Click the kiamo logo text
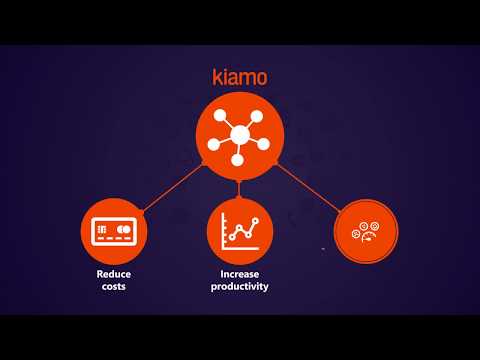point(240,77)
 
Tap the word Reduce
point(114,274)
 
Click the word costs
point(114,286)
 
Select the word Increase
point(240,274)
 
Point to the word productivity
point(240,287)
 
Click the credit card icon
point(114,231)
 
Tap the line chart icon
point(240,232)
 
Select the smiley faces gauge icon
point(365,231)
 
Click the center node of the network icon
point(240,135)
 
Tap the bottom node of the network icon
point(237,160)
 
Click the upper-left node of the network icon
point(220,115)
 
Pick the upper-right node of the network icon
point(257,116)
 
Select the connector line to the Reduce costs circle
point(173,187)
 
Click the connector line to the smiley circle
point(308,188)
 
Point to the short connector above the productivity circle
point(239,189)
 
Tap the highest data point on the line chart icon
point(255,220)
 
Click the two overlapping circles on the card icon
point(124,229)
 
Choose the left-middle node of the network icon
point(214,145)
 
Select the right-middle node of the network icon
point(263,144)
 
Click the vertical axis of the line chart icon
point(223,231)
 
